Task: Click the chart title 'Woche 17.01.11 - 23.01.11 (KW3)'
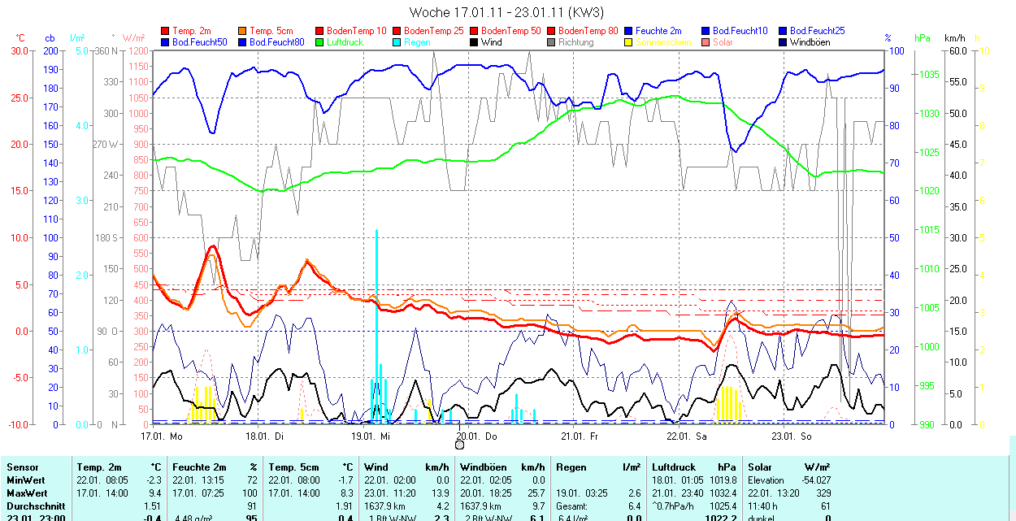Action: pyautogui.click(x=506, y=12)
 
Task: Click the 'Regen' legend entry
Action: pyautogui.click(x=416, y=42)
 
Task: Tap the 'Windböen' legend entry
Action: pyautogui.click(x=810, y=42)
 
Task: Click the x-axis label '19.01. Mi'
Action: pyautogui.click(x=370, y=436)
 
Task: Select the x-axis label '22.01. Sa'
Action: pyautogui.click(x=687, y=436)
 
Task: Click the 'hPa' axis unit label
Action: pyautogui.click(x=922, y=38)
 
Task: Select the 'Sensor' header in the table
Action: pyautogui.click(x=23, y=467)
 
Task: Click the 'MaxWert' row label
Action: pyautogui.click(x=28, y=493)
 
